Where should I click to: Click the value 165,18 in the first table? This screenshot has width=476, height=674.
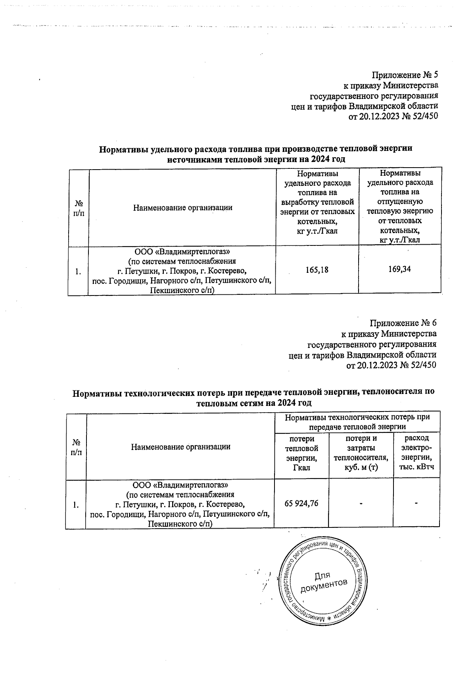(x=317, y=270)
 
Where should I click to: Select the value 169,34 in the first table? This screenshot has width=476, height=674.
(x=399, y=269)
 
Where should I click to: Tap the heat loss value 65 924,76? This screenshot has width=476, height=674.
(x=301, y=503)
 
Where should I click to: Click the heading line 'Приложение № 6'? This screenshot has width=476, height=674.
(x=403, y=322)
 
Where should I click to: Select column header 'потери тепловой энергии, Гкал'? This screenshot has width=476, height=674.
(x=302, y=453)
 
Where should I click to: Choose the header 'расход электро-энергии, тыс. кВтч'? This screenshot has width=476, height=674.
(x=416, y=452)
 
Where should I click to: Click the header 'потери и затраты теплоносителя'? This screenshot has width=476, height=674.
(x=361, y=453)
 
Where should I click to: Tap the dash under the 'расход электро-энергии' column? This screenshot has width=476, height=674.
(x=416, y=503)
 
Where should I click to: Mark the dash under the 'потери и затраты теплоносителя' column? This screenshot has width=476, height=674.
(x=361, y=504)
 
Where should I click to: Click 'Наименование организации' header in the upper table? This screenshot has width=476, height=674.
(x=182, y=207)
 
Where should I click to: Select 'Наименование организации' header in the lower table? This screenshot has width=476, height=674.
(x=181, y=446)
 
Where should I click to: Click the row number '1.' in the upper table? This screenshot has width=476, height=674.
(x=78, y=272)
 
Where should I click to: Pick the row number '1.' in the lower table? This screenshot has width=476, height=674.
(x=76, y=505)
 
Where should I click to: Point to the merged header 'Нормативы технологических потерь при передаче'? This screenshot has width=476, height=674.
(x=357, y=422)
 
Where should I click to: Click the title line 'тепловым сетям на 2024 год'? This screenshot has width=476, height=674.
(x=254, y=403)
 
